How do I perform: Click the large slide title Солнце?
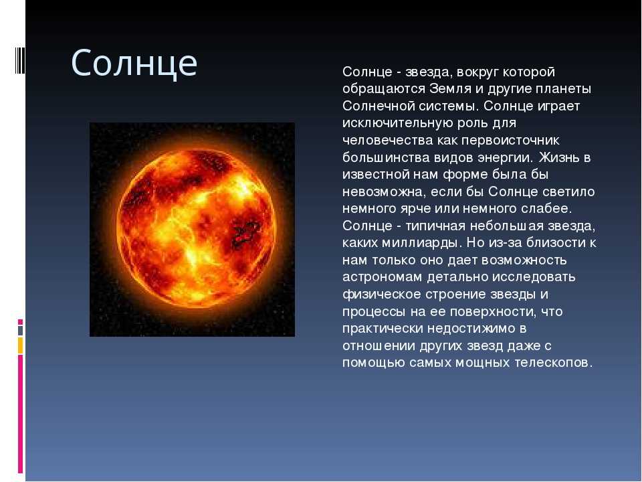pos(134,64)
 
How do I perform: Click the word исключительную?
pos(395,123)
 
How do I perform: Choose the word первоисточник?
pos(510,140)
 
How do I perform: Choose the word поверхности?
pos(493,312)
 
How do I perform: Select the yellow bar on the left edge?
pos(20,345)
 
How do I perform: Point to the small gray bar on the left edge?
pos(20,330)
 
